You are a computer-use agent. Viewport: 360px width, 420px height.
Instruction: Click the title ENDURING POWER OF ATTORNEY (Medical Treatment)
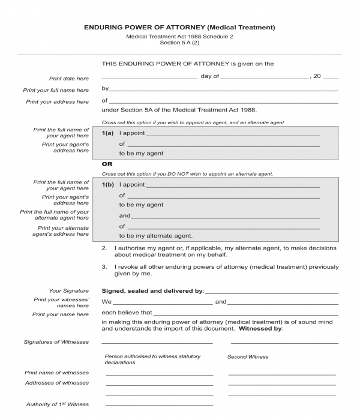pos(179,28)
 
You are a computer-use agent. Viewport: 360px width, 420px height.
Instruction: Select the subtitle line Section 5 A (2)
pos(179,43)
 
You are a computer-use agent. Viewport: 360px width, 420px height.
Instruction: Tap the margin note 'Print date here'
pos(69,79)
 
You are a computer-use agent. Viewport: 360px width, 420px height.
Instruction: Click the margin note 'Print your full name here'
pos(56,90)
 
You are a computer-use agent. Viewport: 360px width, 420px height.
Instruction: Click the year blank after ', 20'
pos(331,78)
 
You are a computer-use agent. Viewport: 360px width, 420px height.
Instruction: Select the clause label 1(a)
pos(108,133)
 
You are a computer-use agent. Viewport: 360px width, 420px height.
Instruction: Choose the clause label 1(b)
pos(108,185)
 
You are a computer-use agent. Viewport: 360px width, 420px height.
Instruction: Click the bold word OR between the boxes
pos(107,164)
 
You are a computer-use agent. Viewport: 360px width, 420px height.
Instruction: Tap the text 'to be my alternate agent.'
pos(155,236)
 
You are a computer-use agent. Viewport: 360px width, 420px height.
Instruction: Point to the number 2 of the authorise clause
pos(104,248)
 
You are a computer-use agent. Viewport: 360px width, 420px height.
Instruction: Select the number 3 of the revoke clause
pos(104,266)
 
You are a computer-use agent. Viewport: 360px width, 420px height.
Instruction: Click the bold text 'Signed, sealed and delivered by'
pos(152,291)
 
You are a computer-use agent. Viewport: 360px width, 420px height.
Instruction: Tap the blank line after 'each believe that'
pos(246,314)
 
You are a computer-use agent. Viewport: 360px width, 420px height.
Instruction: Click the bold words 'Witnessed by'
pos(260,329)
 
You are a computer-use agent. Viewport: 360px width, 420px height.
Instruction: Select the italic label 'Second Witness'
pos(248,356)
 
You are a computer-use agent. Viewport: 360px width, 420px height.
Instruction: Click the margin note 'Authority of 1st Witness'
pos(57,404)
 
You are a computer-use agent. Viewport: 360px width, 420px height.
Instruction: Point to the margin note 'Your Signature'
pos(69,290)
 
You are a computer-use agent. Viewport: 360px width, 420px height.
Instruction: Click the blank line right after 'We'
pos(163,303)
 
